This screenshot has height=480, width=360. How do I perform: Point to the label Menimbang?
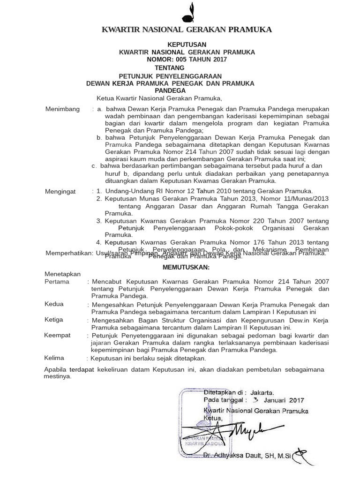[62, 109]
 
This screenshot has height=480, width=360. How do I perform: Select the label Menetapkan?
[62, 274]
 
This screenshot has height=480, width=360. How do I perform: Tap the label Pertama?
[57, 282]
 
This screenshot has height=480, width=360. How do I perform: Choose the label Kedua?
[54, 304]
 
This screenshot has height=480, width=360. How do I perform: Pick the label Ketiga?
[54, 320]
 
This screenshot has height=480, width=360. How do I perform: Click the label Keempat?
[57, 335]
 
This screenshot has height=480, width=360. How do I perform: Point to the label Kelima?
[54, 358]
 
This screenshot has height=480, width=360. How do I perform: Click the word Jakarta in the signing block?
[262, 392]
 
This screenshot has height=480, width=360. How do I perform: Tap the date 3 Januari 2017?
[278, 400]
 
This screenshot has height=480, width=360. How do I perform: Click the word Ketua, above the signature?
[212, 418]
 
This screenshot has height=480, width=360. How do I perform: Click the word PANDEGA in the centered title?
[170, 90]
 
